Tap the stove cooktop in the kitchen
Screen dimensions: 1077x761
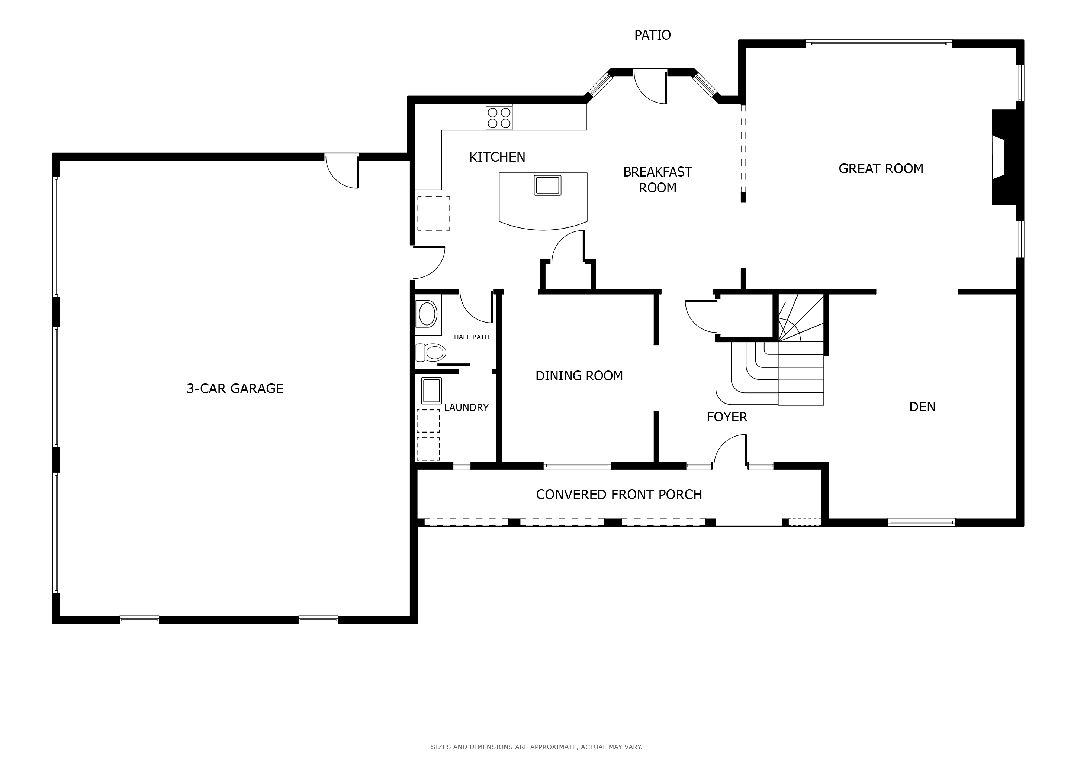[499, 117]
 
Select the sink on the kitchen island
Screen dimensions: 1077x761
[547, 185]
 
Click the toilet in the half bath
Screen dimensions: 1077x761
[431, 352]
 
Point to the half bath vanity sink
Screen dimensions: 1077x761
[427, 314]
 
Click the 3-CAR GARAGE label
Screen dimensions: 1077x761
[235, 388]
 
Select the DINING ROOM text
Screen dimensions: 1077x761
[579, 376]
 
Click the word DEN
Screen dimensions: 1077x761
[922, 407]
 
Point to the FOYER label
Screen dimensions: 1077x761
[727, 417]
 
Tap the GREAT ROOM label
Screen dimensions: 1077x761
[881, 169]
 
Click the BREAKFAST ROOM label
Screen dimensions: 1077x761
[658, 180]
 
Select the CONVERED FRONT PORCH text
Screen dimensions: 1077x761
[619, 494]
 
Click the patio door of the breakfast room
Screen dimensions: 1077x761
[650, 87]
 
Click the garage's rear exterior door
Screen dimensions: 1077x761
[342, 171]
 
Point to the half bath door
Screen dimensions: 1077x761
[476, 307]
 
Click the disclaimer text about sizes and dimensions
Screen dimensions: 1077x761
[537, 747]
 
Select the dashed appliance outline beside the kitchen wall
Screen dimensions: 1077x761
[434, 213]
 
